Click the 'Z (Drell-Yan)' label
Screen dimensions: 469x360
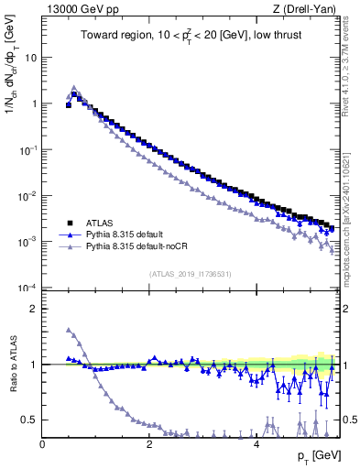307,9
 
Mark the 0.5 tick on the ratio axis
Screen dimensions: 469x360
30,420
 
